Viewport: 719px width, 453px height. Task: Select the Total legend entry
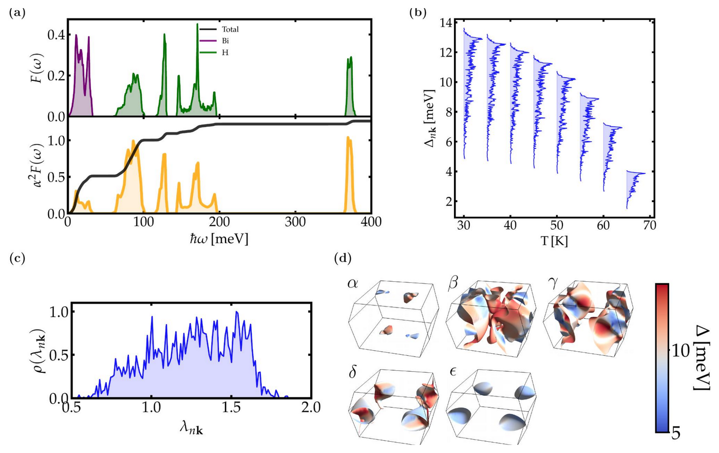coord(219,29)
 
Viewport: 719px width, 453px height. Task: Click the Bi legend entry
coord(215,41)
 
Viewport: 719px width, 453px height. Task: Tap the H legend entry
coord(214,52)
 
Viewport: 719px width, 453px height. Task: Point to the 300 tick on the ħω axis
coord(295,222)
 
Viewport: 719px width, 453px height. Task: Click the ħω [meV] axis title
coord(219,239)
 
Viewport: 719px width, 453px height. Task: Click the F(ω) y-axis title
coord(38,68)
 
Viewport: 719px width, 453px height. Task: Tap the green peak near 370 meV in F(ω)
coord(350,86)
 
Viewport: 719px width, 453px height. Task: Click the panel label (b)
coord(418,13)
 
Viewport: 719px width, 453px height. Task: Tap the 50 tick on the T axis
coord(557,225)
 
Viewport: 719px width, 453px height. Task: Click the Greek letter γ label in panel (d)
coord(553,284)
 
